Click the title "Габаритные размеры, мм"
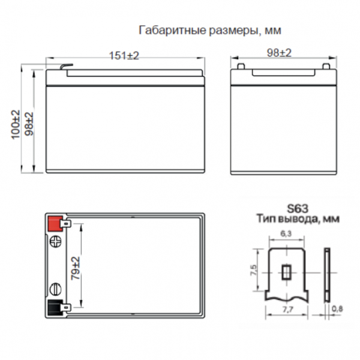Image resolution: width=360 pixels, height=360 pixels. pos(210,31)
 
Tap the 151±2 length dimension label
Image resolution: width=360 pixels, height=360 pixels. pos(124,56)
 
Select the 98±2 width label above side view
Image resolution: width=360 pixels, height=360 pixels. pos(279,53)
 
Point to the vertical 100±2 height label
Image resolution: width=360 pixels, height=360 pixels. pos(16,125)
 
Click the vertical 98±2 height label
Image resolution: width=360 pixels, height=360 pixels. pos(29,124)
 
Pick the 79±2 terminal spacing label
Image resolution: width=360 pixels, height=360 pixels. pos(76,268)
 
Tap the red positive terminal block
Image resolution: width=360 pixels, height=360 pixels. pos(55,223)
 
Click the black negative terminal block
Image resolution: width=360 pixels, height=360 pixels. pos(55,307)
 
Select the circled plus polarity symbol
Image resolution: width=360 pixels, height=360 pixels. pos(56,242)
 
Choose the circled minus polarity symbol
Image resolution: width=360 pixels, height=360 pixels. pos(56,289)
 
